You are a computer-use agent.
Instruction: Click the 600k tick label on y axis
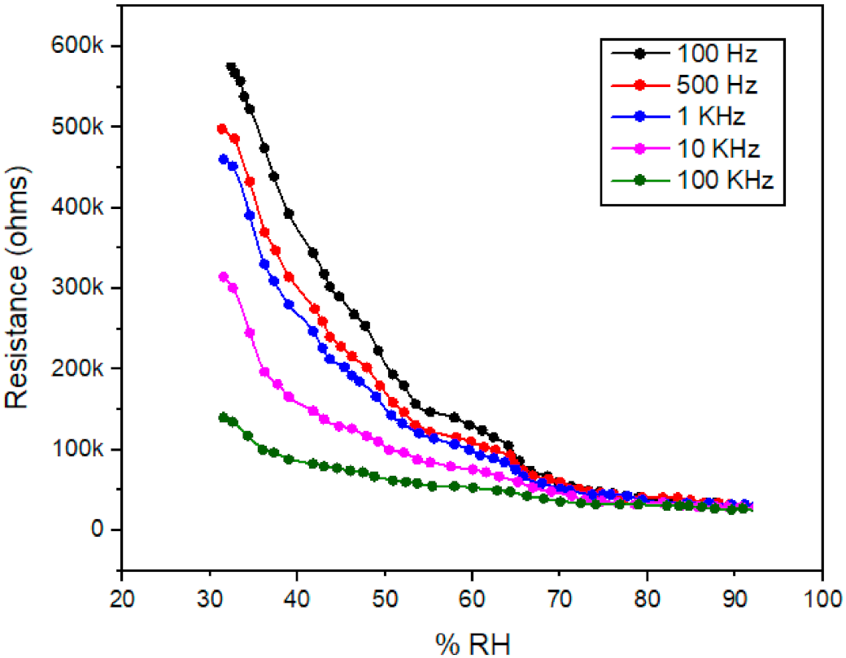pyautogui.click(x=85, y=46)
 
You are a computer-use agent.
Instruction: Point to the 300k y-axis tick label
pyautogui.click(x=85, y=289)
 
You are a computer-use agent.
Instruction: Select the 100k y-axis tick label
pyautogui.click(x=85, y=450)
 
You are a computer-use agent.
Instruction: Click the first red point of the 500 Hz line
pyautogui.click(x=222, y=129)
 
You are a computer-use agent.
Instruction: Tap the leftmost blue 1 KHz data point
pyautogui.click(x=224, y=159)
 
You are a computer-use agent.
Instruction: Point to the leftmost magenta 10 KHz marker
pyautogui.click(x=225, y=277)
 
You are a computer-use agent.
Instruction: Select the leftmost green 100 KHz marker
pyautogui.click(x=224, y=417)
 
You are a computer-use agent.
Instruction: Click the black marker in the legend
pyautogui.click(x=640, y=54)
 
